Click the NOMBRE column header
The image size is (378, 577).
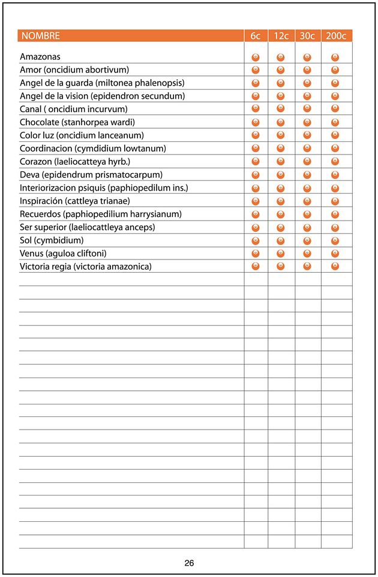41,36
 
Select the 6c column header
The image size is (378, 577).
256,36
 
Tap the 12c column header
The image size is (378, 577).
281,36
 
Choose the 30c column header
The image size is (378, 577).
307,36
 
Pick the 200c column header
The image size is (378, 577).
336,36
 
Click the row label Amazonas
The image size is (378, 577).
40,57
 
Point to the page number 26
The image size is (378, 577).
189,563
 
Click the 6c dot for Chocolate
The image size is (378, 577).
256,122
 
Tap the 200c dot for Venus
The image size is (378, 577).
335,253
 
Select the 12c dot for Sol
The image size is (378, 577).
281,240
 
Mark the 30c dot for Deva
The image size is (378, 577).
307,174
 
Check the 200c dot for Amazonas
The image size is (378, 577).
335,57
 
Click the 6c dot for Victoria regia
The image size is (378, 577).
256,266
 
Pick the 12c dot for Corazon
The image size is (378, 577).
281,161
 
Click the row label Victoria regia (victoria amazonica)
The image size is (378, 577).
86,267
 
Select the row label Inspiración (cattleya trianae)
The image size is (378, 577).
74,201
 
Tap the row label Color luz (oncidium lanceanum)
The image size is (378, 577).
82,135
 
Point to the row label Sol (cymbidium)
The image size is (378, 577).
52,240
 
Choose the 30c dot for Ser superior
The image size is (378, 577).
307,227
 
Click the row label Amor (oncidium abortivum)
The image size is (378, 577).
74,70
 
